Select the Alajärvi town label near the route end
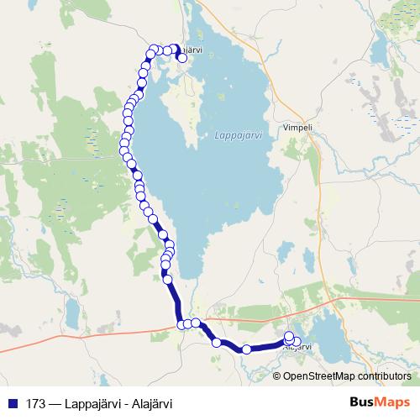pos(298,347)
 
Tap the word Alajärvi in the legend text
pos(152,403)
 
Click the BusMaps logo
pos(379,402)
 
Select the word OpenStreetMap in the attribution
pos(317,375)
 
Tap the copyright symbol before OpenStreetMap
pos(278,375)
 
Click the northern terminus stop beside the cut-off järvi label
pos(182,58)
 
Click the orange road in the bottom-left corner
pos(34,343)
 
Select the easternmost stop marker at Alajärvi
pos(296,341)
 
